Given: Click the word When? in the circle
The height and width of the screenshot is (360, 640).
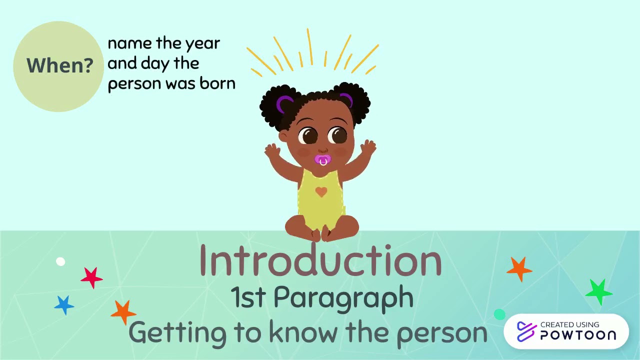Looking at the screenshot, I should (x=59, y=65).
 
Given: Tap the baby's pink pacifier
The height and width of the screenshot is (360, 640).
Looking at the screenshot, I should (x=322, y=160).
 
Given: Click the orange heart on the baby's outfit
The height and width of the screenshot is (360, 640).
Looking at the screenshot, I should (x=321, y=191).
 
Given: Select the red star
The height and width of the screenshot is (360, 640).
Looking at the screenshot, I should (x=91, y=277).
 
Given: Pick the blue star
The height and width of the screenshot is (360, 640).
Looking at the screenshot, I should (x=64, y=304).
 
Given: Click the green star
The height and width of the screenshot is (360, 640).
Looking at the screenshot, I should (x=598, y=292).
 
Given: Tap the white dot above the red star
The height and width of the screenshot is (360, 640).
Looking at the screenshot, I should (x=60, y=261).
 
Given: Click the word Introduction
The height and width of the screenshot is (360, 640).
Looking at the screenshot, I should (x=320, y=260).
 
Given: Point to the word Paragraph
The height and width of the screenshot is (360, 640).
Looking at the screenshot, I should (x=343, y=298).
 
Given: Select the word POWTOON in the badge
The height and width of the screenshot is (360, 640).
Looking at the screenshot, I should (x=578, y=335).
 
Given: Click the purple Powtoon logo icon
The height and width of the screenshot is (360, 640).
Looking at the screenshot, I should (x=526, y=331).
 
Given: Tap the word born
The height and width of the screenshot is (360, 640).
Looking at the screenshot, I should (x=217, y=83).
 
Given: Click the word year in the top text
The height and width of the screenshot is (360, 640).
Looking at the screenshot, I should (x=202, y=44).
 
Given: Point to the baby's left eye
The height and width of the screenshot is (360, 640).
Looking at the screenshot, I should (x=338, y=134).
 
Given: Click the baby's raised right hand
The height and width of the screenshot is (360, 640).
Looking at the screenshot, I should (x=272, y=150).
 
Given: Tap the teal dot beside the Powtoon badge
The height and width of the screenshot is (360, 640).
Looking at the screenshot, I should (x=499, y=314).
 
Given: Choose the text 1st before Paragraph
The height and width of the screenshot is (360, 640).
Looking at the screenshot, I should (x=248, y=298).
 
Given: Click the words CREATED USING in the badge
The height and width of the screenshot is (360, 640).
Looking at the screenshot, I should (x=569, y=325).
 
